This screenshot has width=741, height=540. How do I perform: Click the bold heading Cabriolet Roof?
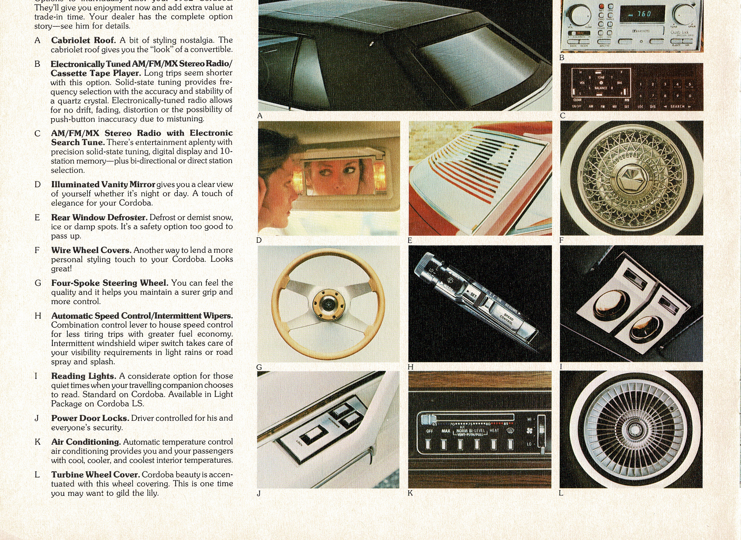(83, 40)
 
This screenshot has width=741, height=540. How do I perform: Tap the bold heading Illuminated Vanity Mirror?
(103, 184)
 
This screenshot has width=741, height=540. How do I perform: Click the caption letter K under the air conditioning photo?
(410, 493)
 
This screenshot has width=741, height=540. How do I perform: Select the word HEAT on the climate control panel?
(494, 431)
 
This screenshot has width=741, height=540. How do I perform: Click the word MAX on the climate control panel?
(446, 431)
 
